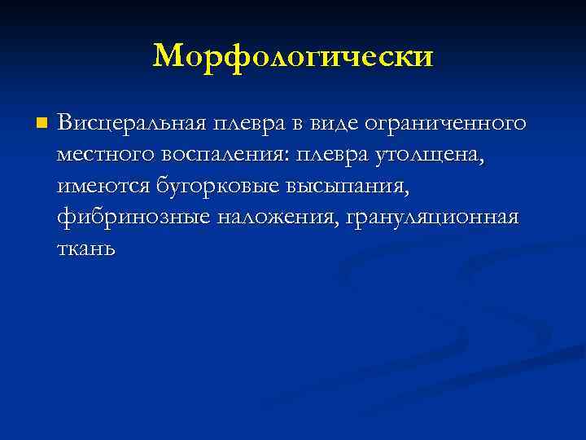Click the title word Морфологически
[x=293, y=56]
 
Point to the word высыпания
[x=348, y=187]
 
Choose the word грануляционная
[x=431, y=218]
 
